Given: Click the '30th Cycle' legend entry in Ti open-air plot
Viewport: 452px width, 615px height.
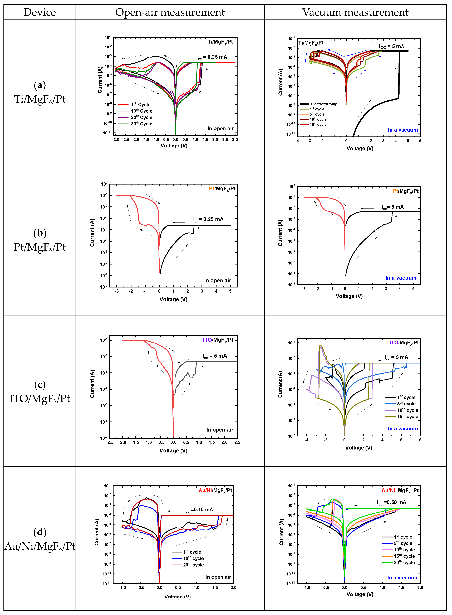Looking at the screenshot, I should tap(141, 124).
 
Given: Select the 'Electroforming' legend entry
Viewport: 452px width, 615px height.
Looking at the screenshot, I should tap(324, 104).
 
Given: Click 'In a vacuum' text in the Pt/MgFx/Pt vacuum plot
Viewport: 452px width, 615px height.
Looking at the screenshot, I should tap(401, 278).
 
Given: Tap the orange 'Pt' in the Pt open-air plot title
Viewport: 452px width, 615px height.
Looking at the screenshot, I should tap(212, 189).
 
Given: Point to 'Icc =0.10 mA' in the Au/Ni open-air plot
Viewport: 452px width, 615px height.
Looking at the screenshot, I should tap(198, 510).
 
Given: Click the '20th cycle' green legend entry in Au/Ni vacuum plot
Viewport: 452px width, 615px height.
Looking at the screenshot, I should tap(404, 562).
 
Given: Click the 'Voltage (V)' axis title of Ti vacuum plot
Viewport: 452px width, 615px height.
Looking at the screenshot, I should tap(360, 148).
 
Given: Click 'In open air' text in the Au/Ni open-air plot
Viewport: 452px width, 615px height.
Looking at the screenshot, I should tap(218, 577).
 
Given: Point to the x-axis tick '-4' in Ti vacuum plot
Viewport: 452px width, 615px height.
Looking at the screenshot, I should tap(297, 141).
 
